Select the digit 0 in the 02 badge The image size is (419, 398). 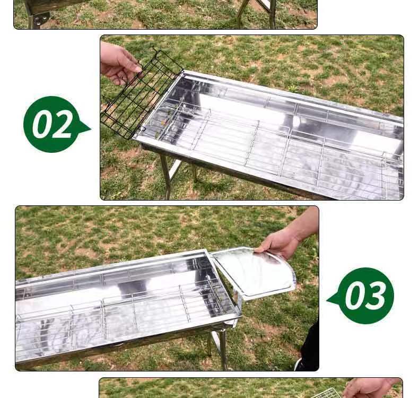coord(43,125)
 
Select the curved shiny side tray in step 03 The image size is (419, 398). coord(254,273)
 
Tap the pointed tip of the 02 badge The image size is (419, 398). coord(91,129)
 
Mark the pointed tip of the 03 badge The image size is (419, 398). coord(327,300)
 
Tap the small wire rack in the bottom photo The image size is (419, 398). coord(327,393)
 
